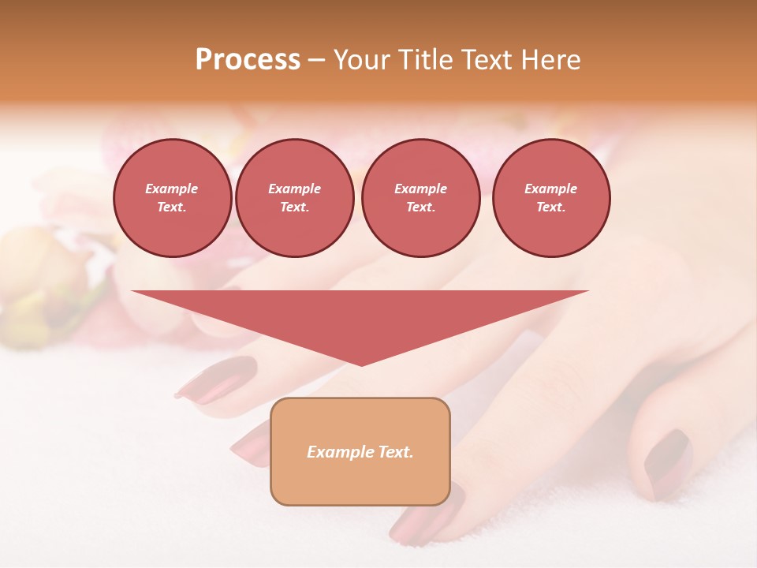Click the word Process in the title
pyautogui.click(x=248, y=60)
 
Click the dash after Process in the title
pyautogui.click(x=316, y=61)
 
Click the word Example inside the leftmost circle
pyautogui.click(x=172, y=189)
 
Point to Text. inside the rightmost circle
pyautogui.click(x=550, y=207)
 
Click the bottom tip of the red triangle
pyautogui.click(x=361, y=364)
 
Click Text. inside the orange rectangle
pyautogui.click(x=396, y=452)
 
